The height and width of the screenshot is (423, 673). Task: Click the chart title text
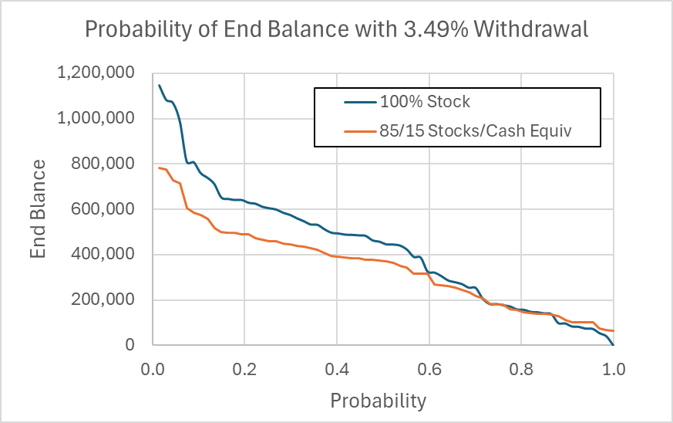pyautogui.click(x=335, y=29)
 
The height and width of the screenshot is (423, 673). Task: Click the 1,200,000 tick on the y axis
pyautogui.click(x=96, y=74)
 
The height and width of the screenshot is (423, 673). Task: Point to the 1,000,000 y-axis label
pyautogui.click(x=96, y=119)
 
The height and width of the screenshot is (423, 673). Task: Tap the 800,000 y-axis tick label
pyautogui.click(x=106, y=164)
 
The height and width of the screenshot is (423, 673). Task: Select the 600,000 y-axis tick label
pyautogui.click(x=106, y=210)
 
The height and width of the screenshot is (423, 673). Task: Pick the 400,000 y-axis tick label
pyautogui.click(x=106, y=255)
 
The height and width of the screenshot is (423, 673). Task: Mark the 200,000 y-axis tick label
pyautogui.click(x=106, y=300)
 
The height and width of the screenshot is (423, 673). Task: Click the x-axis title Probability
pyautogui.click(x=378, y=401)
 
